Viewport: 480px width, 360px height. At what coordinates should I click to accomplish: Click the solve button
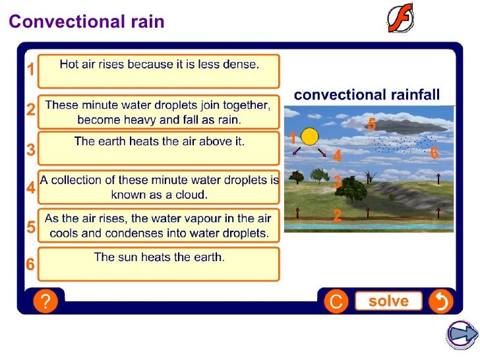point(388,301)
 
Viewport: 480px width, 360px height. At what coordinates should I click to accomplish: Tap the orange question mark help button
point(45,302)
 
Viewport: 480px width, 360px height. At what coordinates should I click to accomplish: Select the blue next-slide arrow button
point(462,334)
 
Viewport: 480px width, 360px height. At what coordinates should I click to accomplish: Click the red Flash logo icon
point(400,18)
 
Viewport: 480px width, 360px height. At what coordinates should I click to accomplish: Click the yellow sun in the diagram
point(309,136)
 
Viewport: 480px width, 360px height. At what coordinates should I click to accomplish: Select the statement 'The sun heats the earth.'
point(159,258)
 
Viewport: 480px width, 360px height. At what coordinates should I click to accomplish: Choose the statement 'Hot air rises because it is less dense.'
point(159,65)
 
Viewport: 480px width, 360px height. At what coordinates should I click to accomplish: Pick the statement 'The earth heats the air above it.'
point(159,142)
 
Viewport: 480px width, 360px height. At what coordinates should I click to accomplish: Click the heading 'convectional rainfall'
point(367,95)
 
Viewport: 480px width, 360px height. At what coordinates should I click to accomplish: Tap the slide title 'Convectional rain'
point(86,22)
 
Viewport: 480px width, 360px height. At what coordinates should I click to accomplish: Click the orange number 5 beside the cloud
point(371,124)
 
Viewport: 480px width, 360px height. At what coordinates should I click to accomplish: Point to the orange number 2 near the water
point(337,215)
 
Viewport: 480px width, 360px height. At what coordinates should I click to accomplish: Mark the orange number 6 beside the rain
point(434,153)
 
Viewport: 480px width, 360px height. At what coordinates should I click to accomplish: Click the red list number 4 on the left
point(30,188)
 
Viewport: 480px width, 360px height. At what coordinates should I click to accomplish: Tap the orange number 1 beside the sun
point(293,138)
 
